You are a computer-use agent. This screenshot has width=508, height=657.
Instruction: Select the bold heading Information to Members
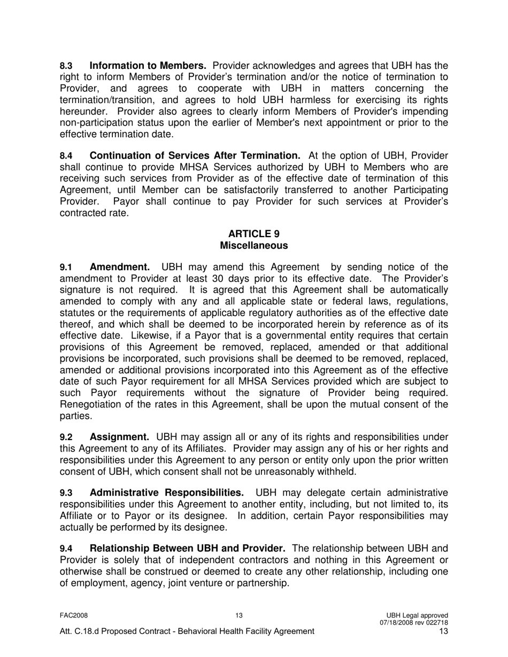[148, 66]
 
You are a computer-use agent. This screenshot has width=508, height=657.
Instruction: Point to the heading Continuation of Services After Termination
[195, 155]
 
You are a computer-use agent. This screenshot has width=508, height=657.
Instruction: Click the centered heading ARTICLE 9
[253, 234]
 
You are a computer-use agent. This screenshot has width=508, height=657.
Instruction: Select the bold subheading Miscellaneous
[253, 246]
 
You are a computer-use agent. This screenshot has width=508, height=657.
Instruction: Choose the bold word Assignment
[120, 437]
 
